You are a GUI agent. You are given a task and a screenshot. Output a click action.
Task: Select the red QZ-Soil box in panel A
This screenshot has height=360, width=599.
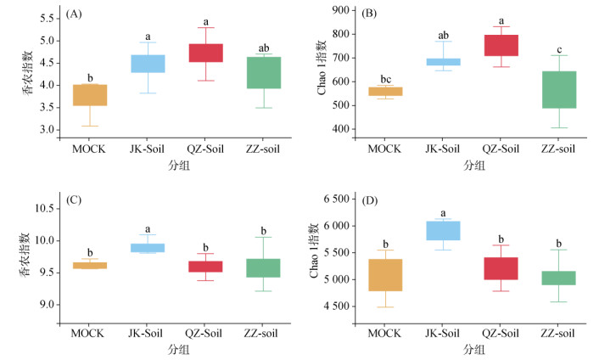206,53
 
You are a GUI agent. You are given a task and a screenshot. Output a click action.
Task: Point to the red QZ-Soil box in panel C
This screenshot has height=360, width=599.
206,267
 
